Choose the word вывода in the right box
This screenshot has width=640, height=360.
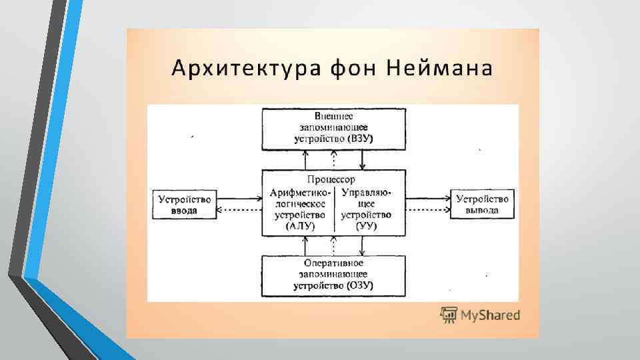pyautogui.click(x=483, y=210)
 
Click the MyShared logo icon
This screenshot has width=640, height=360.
pyautogui.click(x=448, y=315)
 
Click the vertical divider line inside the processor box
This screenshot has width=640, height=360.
pyautogui.click(x=334, y=207)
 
